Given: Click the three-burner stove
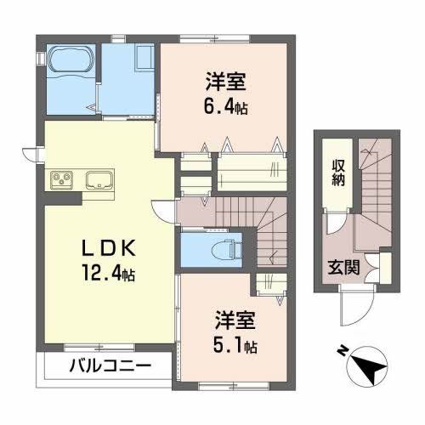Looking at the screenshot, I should tap(62, 179).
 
